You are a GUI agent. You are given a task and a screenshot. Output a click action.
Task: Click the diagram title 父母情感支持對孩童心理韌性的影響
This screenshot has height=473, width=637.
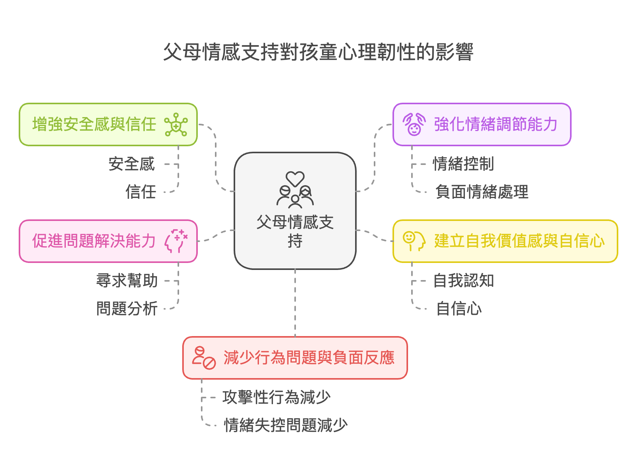click(x=318, y=52)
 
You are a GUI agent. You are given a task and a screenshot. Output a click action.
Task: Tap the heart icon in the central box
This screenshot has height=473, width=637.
click(x=295, y=179)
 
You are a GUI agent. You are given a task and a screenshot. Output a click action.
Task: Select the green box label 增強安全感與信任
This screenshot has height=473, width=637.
click(x=94, y=124)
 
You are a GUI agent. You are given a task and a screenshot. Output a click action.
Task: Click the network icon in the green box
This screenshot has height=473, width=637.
click(x=176, y=124)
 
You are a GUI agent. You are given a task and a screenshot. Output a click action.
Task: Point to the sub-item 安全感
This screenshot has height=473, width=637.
click(x=132, y=164)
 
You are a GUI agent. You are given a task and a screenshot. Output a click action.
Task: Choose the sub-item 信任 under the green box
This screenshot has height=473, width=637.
click(x=141, y=192)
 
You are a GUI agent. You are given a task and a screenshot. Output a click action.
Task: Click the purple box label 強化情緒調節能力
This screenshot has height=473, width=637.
click(x=496, y=124)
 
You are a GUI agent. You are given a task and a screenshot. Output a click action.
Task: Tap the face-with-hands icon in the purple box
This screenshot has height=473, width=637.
click(x=414, y=124)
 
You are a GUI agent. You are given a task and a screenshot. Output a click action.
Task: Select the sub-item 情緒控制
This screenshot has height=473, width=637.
click(x=463, y=164)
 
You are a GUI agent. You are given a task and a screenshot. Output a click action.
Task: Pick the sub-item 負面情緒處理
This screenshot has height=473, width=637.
click(x=482, y=192)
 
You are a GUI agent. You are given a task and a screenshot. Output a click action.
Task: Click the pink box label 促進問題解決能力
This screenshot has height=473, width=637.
click(x=94, y=241)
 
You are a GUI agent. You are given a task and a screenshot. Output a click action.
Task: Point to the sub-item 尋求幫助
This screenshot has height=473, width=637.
click(x=127, y=281)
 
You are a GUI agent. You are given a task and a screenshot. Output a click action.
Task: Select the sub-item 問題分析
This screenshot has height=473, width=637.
click(x=127, y=309)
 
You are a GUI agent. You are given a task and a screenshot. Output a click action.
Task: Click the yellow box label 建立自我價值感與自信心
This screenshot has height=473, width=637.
click(x=519, y=241)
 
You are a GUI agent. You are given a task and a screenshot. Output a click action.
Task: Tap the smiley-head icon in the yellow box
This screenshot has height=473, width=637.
click(x=414, y=241)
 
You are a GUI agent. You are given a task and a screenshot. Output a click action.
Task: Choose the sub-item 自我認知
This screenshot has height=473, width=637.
click(x=463, y=281)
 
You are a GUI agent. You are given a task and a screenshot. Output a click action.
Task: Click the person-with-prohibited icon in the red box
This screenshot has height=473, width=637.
click(x=204, y=358)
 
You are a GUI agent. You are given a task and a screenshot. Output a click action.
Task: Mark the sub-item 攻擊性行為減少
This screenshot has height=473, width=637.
click(x=276, y=398)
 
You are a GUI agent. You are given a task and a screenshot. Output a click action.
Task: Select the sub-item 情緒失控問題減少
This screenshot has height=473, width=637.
click(x=286, y=426)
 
